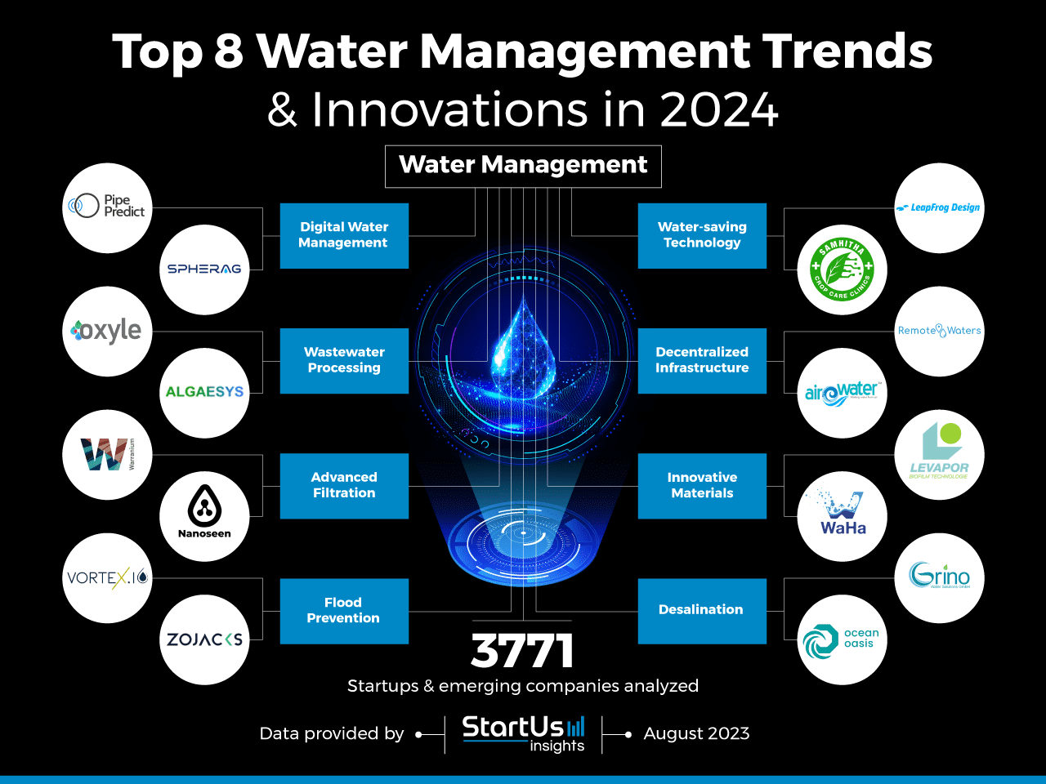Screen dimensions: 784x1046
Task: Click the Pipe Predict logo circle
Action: coord(107,207)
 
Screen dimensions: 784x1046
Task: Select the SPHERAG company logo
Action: coord(204,269)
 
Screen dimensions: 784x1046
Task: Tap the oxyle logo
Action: coord(107,331)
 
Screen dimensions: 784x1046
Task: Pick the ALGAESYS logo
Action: coord(204,392)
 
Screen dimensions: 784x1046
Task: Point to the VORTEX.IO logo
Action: coord(107,578)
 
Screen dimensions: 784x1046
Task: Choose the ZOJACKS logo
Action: coord(204,639)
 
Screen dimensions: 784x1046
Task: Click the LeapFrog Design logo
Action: coord(939,207)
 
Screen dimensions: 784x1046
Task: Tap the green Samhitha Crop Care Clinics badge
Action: coord(842,269)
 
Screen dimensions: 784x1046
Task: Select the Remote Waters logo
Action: coord(939,331)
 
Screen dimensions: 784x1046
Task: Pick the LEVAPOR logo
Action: coord(939,454)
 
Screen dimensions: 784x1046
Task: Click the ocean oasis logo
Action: coord(842,639)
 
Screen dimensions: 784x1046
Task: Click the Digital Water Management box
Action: coord(344,235)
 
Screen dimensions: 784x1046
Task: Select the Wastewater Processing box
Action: coord(344,360)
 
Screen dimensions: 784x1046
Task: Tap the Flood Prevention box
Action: coord(344,611)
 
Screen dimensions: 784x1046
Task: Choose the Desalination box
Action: coord(702,610)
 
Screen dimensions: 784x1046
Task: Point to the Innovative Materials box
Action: coord(702,485)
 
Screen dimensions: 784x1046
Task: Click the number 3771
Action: coord(523,651)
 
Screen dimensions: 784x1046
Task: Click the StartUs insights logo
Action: coord(523,733)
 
